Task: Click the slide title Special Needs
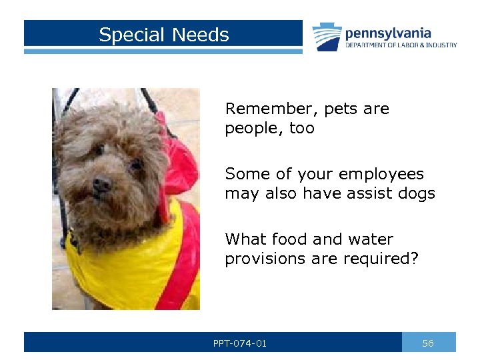pyautogui.click(x=163, y=35)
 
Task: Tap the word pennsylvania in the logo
pyautogui.click(x=388, y=33)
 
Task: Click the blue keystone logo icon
pyautogui.click(x=327, y=37)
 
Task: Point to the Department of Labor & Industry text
pyautogui.click(x=401, y=45)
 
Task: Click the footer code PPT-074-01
pyautogui.click(x=240, y=343)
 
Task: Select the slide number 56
pyautogui.click(x=428, y=343)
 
